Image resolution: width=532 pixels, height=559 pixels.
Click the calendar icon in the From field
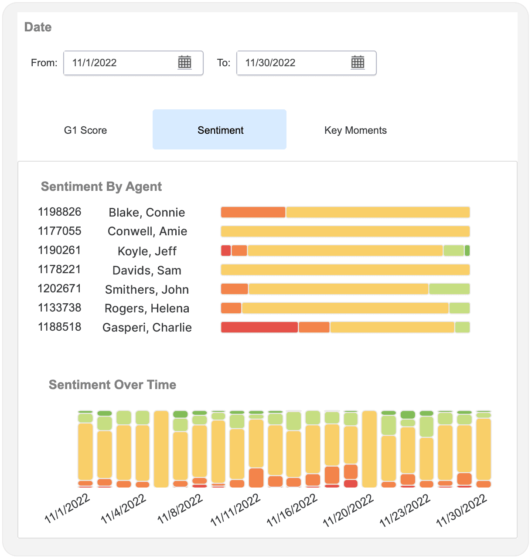tap(184, 62)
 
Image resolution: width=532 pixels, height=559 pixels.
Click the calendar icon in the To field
tap(358, 62)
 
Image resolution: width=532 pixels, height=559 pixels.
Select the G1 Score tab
tap(85, 130)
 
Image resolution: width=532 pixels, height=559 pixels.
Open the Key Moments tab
tap(355, 130)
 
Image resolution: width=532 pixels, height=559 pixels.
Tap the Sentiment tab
tap(219, 129)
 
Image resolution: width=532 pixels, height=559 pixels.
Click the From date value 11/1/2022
tap(94, 63)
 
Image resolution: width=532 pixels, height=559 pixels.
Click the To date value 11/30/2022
tap(270, 63)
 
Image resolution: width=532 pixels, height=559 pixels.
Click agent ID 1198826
tap(59, 212)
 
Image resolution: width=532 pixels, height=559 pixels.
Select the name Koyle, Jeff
tap(147, 251)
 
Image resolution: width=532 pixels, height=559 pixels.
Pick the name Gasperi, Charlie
tap(147, 327)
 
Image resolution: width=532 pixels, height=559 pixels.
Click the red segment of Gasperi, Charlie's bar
tap(259, 327)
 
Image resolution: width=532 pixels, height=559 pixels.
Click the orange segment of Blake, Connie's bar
tap(253, 212)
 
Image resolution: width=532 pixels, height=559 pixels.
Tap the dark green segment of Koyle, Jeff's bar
tap(467, 251)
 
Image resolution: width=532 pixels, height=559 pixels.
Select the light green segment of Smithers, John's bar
tap(450, 289)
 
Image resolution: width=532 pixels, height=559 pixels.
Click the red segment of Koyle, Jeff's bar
tap(226, 251)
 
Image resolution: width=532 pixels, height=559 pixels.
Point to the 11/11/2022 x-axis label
tap(235, 510)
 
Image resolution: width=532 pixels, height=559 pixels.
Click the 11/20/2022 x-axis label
tap(348, 510)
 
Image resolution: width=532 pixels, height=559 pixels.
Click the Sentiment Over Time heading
tap(113, 384)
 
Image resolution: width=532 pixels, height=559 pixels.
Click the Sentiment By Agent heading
tap(101, 186)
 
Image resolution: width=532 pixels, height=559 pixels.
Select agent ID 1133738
tap(59, 308)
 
